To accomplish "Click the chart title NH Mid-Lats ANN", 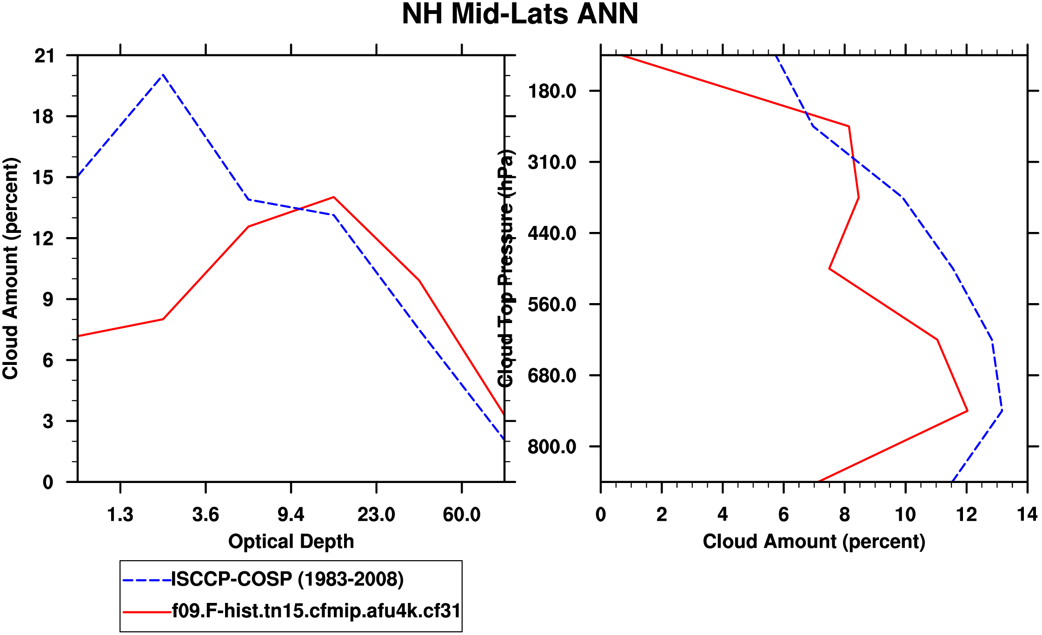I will (520, 14).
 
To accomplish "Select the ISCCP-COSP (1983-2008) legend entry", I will (287, 579).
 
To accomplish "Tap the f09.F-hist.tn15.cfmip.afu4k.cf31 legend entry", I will (316, 611).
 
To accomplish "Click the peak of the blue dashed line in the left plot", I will (163, 75).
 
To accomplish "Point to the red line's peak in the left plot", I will (334, 197).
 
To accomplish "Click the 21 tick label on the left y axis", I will (45, 56).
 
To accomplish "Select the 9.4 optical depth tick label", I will (291, 515).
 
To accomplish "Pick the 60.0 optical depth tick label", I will (461, 515).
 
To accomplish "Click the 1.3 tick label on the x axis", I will (120, 515).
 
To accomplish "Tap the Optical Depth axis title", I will (291, 542).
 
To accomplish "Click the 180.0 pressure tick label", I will (552, 91).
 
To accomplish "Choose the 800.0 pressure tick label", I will (552, 447).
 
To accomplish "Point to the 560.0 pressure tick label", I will (552, 304).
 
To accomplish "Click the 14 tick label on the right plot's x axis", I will (1027, 515).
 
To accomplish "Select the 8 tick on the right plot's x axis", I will (844, 515).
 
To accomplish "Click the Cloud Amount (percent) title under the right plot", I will (814, 542).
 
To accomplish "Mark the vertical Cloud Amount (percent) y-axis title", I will (11, 269).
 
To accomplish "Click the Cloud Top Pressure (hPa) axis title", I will (506, 269).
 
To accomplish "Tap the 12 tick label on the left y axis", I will (45, 239).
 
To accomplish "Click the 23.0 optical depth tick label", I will (376, 515).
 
